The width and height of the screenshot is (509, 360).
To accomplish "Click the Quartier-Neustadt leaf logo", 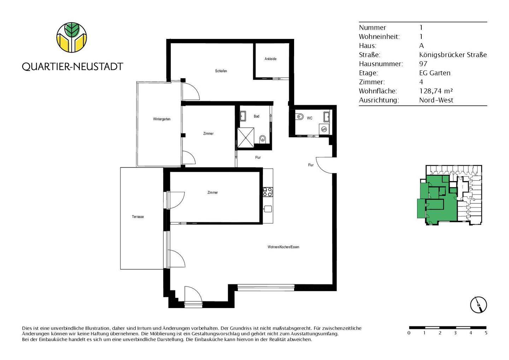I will tap(72, 37).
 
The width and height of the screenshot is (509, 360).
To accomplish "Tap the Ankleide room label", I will tap(270, 59).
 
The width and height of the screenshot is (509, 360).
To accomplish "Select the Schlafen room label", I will tap(221, 71).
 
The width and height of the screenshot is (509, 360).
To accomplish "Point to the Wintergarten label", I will tap(162, 119).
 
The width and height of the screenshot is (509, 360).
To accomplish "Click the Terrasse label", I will tap(138, 217).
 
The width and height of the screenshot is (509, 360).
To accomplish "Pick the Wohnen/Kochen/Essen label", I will tap(283, 247).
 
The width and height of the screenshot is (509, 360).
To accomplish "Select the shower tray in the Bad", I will tap(246, 137).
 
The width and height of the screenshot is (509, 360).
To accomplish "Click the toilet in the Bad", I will tap(262, 139).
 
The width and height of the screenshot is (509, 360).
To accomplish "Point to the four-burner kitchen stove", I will tap(268, 192).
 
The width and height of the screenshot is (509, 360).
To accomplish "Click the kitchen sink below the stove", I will tap(268, 209).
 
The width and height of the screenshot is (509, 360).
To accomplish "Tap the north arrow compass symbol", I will tap(478, 304).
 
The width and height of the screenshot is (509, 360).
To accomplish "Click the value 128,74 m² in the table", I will tap(436, 91).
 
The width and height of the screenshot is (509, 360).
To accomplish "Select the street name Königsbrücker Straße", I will tap(453, 55).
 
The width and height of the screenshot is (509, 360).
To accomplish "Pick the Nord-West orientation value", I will tap(436, 100).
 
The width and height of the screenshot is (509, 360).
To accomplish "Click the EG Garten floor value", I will tap(434, 73).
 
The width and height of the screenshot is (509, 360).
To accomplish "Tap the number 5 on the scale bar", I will tap(486, 333).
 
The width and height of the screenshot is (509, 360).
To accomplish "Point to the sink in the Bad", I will tap(243, 116).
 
